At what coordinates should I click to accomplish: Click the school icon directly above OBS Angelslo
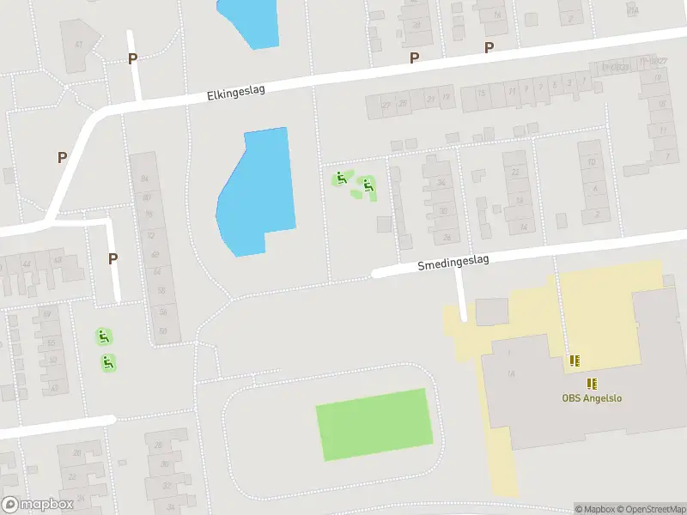coord(592,383)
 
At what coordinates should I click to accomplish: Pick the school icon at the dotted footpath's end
coord(573,361)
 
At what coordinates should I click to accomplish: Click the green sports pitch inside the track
coord(374,424)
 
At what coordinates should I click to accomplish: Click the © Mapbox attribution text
coord(593,509)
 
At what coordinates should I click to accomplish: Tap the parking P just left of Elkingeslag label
coord(132,58)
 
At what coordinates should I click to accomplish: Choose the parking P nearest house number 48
coord(112,258)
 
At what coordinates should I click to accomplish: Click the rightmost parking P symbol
coord(489,48)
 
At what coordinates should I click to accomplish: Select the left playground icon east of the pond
coord(341,179)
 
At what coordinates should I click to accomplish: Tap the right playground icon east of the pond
coord(368,184)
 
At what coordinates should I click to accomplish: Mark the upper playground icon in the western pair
coord(104,336)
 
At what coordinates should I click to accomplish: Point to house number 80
coord(147,197)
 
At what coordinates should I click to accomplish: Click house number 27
coord(386,105)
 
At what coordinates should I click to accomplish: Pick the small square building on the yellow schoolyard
coord(492,312)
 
